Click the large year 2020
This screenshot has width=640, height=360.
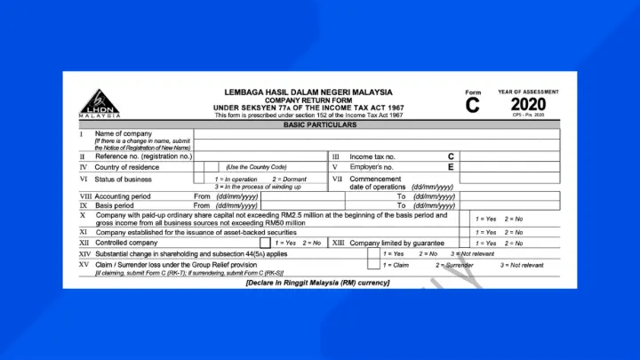[x=528, y=105]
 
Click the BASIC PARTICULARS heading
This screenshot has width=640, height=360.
[x=320, y=125]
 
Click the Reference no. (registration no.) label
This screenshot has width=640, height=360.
[x=143, y=156]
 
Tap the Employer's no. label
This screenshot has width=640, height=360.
[x=372, y=166]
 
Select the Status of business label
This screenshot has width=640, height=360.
[x=124, y=179]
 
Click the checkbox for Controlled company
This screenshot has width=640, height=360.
[x=265, y=242]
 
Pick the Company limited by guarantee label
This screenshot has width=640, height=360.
[x=396, y=243]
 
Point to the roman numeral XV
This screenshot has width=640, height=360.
[x=84, y=265]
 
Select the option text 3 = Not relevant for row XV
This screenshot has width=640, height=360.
[x=523, y=265]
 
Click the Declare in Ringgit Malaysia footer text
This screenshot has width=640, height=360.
[x=317, y=283]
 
